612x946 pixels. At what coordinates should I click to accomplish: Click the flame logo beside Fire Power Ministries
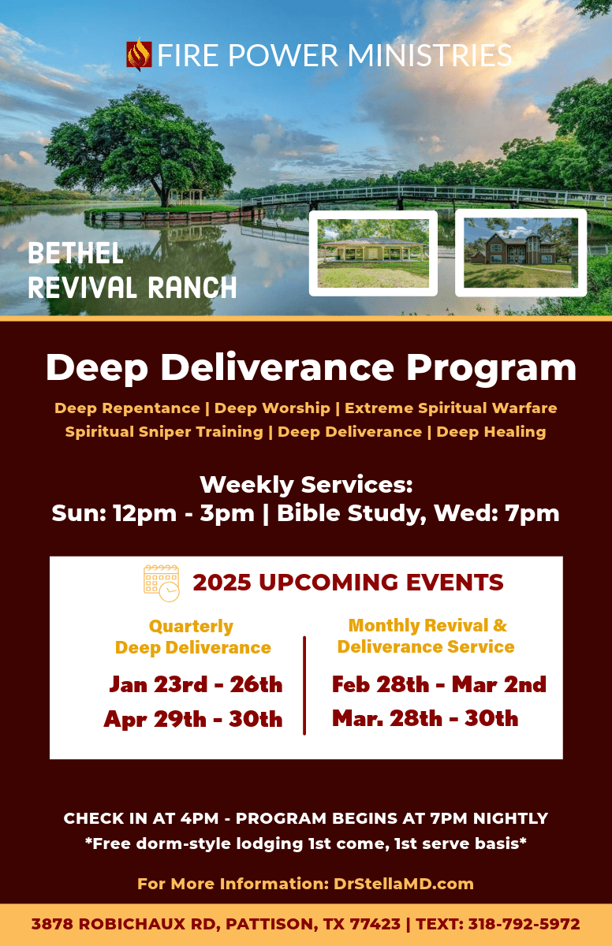(x=139, y=54)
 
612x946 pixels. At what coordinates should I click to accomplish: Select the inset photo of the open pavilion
(x=373, y=253)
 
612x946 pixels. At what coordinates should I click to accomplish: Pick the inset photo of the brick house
(x=521, y=252)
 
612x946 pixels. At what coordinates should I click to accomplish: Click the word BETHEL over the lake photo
(x=76, y=254)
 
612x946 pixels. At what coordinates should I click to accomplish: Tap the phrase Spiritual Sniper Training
(x=164, y=431)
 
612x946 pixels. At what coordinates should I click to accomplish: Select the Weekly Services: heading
(x=306, y=484)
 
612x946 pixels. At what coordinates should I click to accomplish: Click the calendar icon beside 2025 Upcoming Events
(x=161, y=583)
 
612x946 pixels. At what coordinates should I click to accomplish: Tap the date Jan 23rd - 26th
(x=196, y=684)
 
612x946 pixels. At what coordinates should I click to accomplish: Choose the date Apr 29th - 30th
(x=193, y=719)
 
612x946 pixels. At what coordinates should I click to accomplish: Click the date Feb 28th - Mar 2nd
(x=438, y=684)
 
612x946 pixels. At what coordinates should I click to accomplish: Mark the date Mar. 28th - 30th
(x=425, y=718)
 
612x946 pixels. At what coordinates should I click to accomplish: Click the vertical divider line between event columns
(x=304, y=685)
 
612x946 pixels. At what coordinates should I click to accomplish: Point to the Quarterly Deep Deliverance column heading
(x=192, y=637)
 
